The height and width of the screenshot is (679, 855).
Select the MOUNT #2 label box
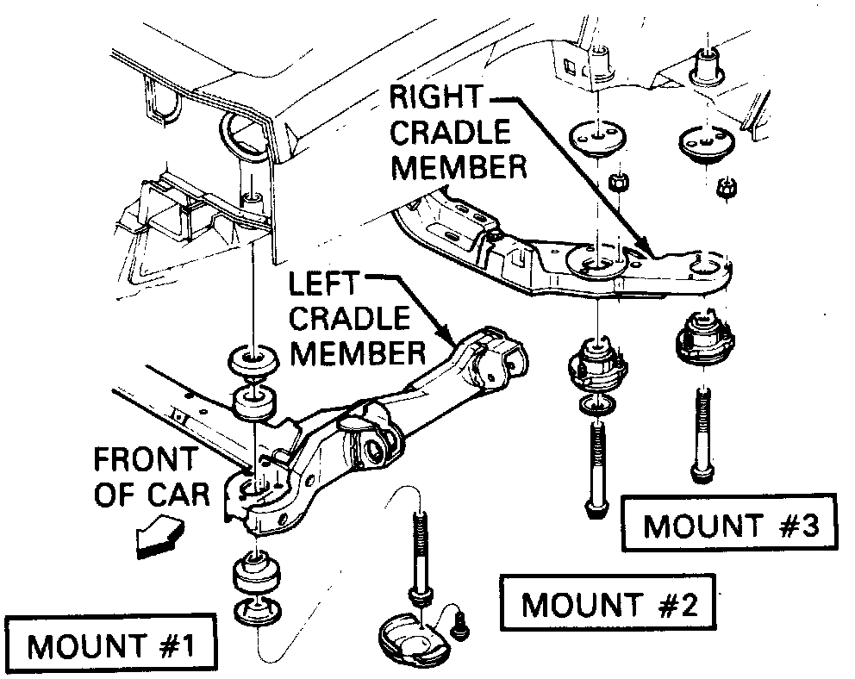[608, 604]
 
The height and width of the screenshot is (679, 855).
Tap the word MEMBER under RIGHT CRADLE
[459, 166]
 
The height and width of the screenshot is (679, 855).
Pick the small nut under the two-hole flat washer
[618, 183]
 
